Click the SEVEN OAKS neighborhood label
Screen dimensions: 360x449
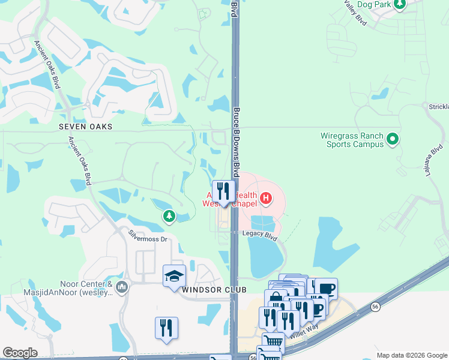pyautogui.click(x=86, y=127)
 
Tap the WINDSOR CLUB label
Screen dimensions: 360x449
pyautogui.click(x=206, y=290)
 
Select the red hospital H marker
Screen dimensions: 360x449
pyautogui.click(x=265, y=197)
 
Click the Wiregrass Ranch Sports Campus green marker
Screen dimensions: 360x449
pyautogui.click(x=393, y=140)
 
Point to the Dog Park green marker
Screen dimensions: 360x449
pyautogui.click(x=399, y=4)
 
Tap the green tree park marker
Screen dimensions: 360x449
pyautogui.click(x=169, y=216)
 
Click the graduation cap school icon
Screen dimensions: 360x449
pyautogui.click(x=174, y=275)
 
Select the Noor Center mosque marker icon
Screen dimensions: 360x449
pyautogui.click(x=122, y=288)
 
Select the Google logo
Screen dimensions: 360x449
pyautogui.click(x=20, y=353)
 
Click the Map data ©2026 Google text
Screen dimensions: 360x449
pyautogui.click(x=412, y=355)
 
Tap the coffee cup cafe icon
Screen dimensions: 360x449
pyautogui.click(x=326, y=289)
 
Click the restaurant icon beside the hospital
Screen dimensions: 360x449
pyautogui.click(x=223, y=191)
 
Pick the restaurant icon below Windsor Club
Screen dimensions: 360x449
pyautogui.click(x=166, y=328)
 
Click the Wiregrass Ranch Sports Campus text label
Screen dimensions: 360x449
pyautogui.click(x=355, y=140)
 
